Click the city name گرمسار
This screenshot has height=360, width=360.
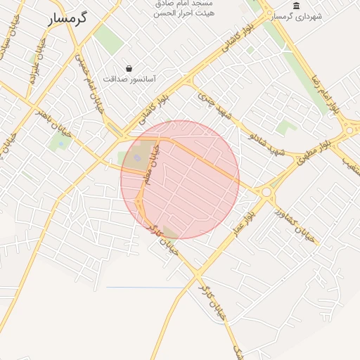coord(67,18)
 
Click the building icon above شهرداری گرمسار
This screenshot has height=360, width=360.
coord(295,6)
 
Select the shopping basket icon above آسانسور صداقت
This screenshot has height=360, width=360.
coord(129,68)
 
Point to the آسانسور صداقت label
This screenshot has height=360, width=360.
coord(129,79)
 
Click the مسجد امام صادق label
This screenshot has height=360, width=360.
coord(184,4)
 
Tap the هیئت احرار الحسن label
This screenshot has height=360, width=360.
coord(184,13)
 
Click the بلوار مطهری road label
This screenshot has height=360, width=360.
coord(324,146)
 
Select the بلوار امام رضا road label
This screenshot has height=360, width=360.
coord(326,91)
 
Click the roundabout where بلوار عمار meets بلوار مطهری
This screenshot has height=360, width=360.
coord(266,191)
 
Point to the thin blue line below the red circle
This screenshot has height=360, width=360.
coord(144,288)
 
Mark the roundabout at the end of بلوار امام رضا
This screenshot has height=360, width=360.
coord(349,129)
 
